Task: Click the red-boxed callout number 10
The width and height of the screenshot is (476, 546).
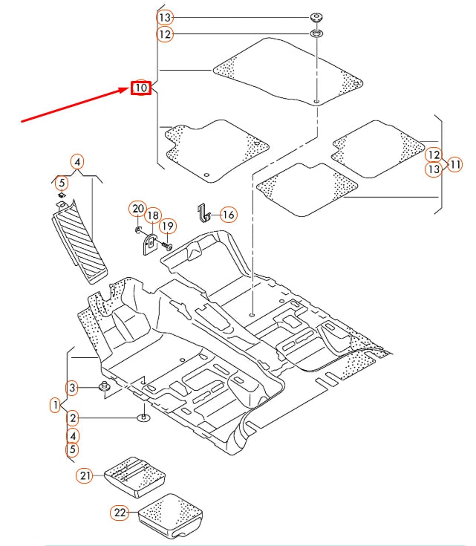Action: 141,88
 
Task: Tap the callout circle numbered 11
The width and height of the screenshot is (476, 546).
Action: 455,163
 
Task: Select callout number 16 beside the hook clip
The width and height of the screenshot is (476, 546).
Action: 228,215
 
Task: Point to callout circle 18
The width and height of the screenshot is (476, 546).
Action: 152,216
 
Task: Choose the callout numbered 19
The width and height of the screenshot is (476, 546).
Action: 167,226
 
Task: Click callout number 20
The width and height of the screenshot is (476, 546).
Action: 137,209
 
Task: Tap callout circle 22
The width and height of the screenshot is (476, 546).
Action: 120,512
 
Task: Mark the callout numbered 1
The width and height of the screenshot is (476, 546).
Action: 55,405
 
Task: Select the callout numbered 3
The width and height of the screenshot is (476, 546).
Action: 72,387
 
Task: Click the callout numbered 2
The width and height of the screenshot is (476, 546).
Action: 72,419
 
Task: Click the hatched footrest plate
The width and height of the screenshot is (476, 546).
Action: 79,241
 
